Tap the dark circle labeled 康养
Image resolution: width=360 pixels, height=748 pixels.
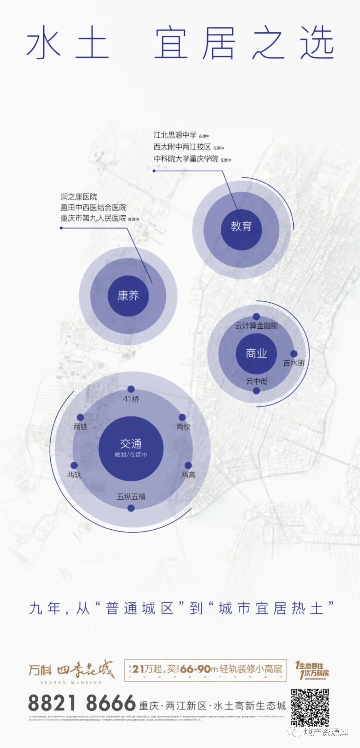128,296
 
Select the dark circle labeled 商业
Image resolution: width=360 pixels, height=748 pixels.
256,353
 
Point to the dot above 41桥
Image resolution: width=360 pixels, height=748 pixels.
131,389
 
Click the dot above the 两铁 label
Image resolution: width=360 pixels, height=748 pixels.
80,418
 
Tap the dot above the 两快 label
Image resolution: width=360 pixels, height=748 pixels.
182,418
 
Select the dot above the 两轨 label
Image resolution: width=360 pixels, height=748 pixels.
74,466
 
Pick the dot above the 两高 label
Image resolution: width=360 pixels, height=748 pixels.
188,466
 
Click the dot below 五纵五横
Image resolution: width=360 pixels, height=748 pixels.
131,508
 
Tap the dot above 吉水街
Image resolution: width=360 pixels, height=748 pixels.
294,354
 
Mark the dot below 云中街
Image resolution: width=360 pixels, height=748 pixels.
256,391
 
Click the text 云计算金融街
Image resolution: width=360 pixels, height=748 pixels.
256,326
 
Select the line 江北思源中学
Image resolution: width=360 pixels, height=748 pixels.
175,135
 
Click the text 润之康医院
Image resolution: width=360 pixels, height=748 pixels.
79,197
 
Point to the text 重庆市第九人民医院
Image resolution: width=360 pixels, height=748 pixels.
93,218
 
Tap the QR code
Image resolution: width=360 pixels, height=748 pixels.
310,708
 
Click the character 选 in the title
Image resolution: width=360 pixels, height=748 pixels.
317,43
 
